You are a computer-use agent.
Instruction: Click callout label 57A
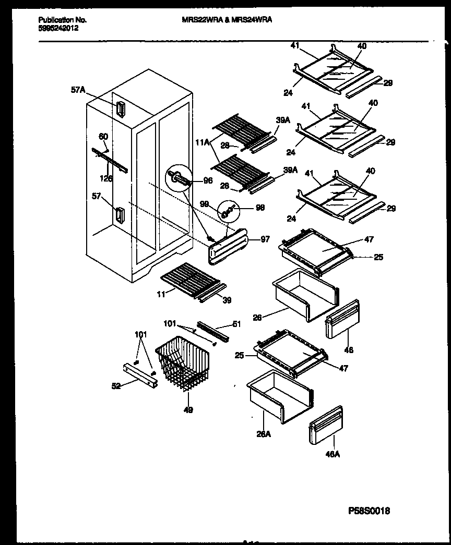coord(78,90)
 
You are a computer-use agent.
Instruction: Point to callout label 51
coord(236,324)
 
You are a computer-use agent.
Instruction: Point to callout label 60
coord(104,137)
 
